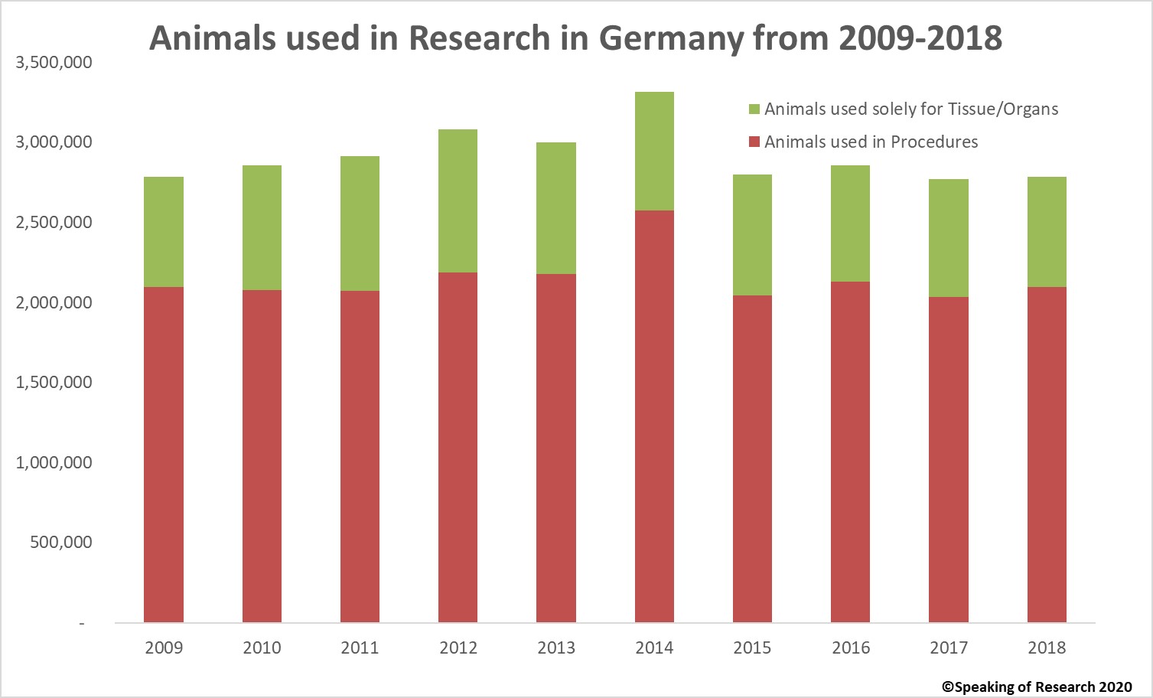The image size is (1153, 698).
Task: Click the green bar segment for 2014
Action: (654, 151)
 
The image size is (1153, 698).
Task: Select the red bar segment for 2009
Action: (164, 455)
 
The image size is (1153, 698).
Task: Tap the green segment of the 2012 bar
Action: (458, 201)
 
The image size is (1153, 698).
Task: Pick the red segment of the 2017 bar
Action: (949, 459)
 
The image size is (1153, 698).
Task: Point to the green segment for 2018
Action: (1047, 232)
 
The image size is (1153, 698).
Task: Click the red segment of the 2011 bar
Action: (360, 456)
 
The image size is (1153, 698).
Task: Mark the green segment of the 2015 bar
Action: (752, 235)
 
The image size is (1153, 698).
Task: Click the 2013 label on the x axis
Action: (556, 648)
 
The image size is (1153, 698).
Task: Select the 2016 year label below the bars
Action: (851, 648)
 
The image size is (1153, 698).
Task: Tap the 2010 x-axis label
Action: (262, 648)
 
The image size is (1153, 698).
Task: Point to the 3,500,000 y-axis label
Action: (54, 63)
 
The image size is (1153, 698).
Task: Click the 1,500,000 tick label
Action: (54, 382)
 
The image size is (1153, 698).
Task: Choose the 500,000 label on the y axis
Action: (61, 542)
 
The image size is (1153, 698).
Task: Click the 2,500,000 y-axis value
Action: (54, 223)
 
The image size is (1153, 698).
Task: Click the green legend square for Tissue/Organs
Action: (754, 109)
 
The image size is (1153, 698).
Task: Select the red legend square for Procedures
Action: (754, 142)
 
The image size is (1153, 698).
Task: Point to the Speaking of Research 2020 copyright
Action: (1037, 687)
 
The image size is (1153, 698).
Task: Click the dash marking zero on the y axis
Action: (82, 624)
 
